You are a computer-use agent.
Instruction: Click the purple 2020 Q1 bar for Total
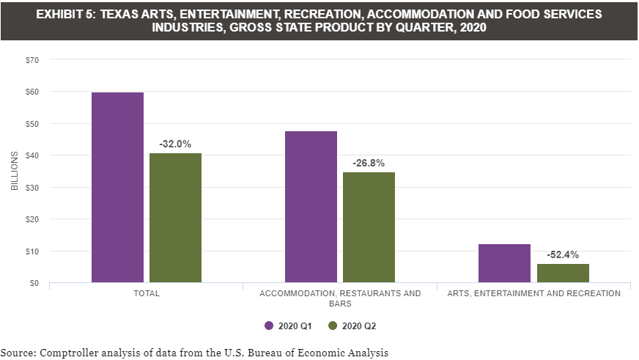[x=117, y=187]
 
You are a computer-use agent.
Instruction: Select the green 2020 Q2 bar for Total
[x=175, y=218]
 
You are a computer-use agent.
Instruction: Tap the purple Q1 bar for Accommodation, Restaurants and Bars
[x=311, y=207]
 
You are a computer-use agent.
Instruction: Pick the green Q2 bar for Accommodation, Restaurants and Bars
[x=369, y=227]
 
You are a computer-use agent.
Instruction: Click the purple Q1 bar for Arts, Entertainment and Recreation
[x=504, y=263]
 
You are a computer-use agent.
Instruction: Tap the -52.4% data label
[x=562, y=255]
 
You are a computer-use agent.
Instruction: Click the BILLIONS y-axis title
[x=14, y=171]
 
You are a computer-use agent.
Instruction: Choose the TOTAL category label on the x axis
[x=147, y=293]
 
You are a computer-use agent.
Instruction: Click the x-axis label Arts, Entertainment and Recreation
[x=533, y=293]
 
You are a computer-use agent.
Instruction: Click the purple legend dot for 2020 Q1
[x=268, y=326]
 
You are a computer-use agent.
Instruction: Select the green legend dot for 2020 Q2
[x=333, y=326]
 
